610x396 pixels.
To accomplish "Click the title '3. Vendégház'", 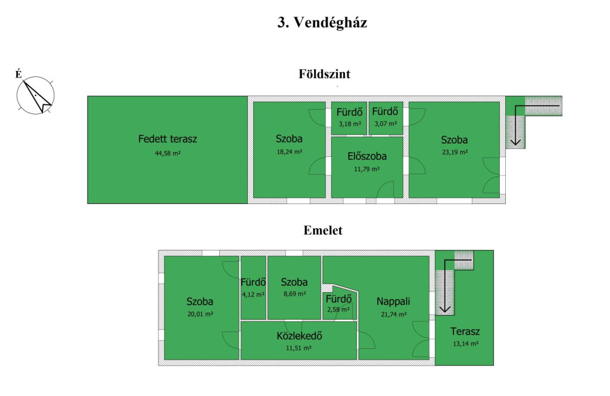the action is click(x=322, y=22).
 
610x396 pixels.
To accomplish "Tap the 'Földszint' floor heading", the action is click(x=325, y=74).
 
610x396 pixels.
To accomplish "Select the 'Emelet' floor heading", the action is click(x=323, y=230).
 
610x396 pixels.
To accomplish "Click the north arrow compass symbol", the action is click(x=36, y=95).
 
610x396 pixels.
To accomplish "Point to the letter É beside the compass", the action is click(x=18, y=74).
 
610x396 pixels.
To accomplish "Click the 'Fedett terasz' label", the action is click(x=167, y=139).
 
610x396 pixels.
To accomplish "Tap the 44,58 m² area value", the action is click(x=167, y=153).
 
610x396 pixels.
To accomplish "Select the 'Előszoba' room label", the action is click(x=367, y=156).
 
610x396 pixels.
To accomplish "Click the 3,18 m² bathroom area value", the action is click(x=350, y=124).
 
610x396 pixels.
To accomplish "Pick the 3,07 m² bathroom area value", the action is click(x=385, y=124).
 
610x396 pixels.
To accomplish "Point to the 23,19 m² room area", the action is click(x=455, y=152).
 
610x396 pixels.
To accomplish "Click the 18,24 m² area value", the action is click(x=290, y=152).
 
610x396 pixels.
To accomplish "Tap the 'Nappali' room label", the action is click(x=393, y=301).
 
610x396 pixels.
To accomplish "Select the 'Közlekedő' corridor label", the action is click(x=299, y=336).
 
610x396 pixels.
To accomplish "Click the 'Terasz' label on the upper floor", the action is click(x=465, y=332).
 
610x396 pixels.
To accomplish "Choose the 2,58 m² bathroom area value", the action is click(x=338, y=310).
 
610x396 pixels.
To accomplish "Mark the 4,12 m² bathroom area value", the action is click(x=253, y=295).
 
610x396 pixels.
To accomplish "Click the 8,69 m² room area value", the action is click(x=294, y=294).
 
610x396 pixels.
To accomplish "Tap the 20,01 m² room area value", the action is click(x=200, y=314).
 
